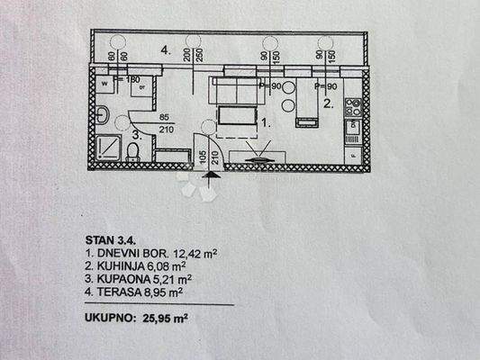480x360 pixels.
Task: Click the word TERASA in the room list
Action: click(x=119, y=292)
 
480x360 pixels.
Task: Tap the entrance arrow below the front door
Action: click(x=210, y=184)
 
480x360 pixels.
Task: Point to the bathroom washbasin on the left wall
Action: click(x=103, y=115)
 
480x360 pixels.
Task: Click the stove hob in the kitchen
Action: click(x=354, y=109)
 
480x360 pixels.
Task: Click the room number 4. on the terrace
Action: click(x=166, y=50)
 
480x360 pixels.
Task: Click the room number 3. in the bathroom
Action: click(x=136, y=136)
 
